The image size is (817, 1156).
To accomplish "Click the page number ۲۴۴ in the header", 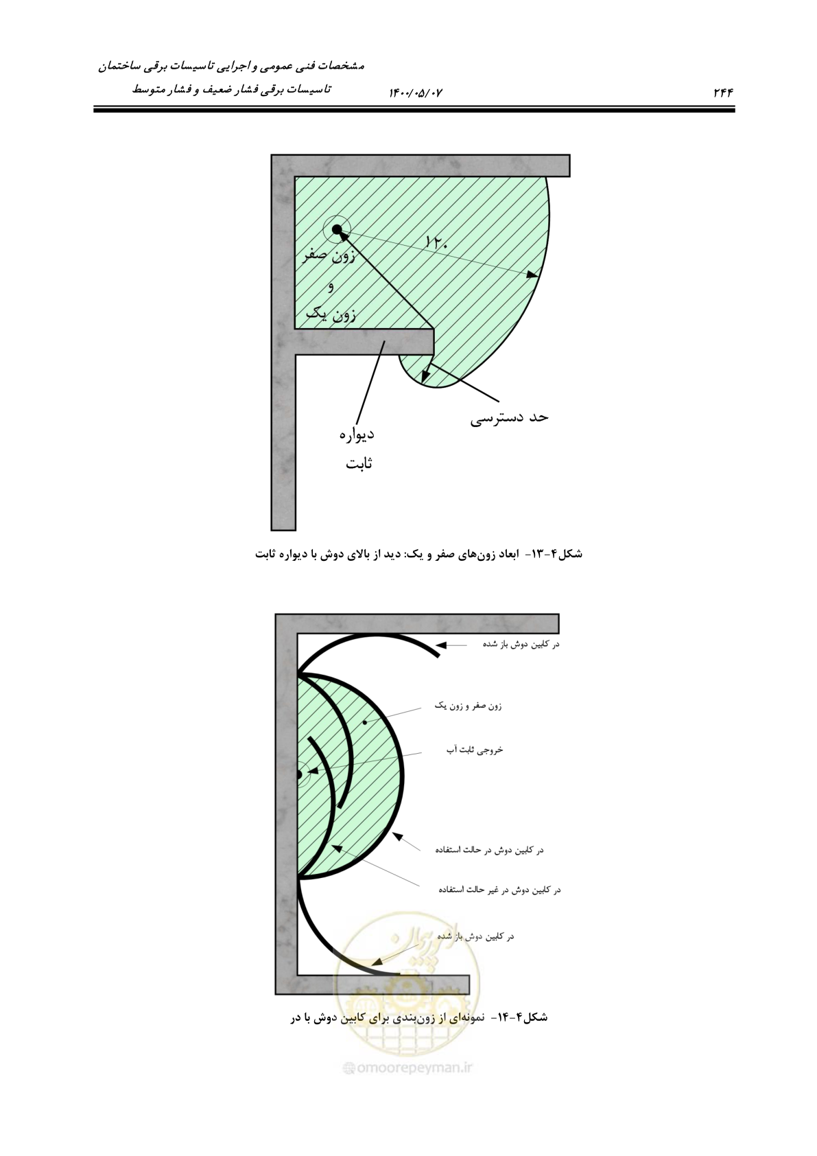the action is (723, 93).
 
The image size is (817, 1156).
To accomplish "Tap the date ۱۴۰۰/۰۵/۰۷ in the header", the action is (416, 93).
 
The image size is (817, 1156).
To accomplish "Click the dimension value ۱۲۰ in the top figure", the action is (436, 242).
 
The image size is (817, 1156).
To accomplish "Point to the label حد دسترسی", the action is (509, 417).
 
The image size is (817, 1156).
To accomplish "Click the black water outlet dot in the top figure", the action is (337, 229).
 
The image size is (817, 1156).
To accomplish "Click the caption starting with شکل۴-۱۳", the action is (419, 554).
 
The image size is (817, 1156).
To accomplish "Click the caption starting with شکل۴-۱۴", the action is (419, 1017).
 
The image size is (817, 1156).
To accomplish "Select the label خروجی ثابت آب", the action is (475, 750).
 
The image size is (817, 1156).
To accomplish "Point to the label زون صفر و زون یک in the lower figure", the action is (468, 706).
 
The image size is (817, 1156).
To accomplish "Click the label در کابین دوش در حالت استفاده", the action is (490, 849).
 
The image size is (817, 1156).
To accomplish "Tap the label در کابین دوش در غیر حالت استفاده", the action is (500, 890).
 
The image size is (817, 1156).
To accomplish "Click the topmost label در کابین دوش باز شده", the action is (521, 644).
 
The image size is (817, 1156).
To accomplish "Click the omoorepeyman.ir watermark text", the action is (409, 1067).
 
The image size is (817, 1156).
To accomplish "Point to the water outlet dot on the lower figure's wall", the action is (299, 774).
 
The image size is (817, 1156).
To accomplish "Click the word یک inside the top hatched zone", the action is (316, 313).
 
